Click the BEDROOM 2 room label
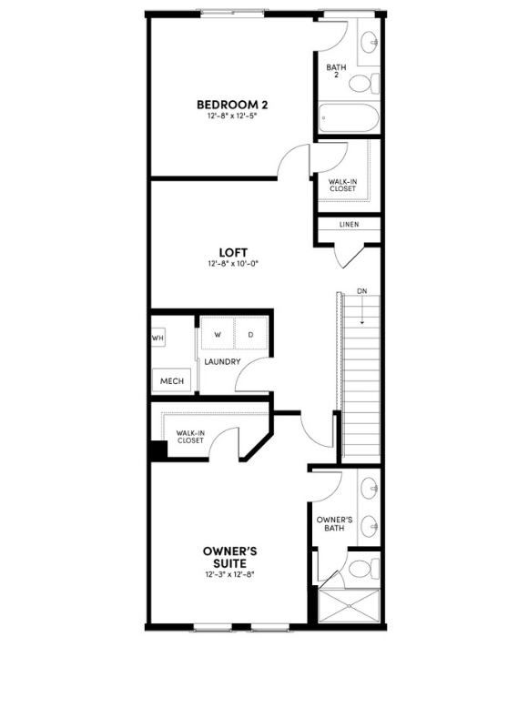pos(232,105)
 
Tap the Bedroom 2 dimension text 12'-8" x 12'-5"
pos(232,117)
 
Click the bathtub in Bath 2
pos(347,119)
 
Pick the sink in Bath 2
pos(370,42)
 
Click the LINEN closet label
pos(349,224)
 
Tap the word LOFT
pos(233,252)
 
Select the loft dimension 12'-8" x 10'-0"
pos(233,265)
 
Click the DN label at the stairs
pos(361,291)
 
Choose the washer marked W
pos(218,334)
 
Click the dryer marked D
pos(250,334)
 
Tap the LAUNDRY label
pos(222,362)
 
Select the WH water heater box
pos(157,338)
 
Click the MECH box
pos(172,380)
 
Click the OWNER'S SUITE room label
pos(229,557)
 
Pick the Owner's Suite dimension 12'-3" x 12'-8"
pos(229,575)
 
